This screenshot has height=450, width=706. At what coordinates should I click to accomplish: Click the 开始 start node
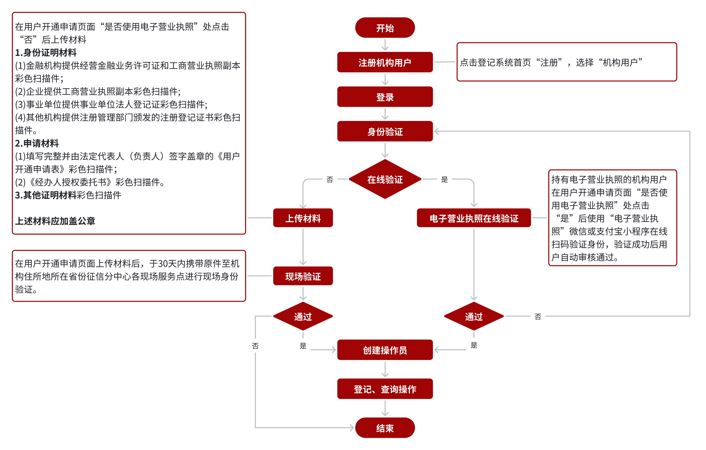[385, 28]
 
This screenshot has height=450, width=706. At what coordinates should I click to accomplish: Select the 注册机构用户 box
[385, 62]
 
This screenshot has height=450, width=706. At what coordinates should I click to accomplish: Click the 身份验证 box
[385, 131]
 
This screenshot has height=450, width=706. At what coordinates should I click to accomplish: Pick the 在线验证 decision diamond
[385, 179]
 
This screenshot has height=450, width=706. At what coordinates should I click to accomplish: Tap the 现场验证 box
[303, 276]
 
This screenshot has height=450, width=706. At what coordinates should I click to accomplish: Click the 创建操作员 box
[385, 350]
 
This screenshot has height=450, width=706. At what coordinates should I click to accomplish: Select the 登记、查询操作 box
[385, 389]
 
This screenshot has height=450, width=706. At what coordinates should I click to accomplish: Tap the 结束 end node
[385, 428]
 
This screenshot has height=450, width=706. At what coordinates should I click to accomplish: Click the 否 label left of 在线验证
[330, 179]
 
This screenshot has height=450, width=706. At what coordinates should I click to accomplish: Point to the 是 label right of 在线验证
[444, 179]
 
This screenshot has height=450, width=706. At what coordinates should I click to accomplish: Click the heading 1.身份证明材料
[46, 52]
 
